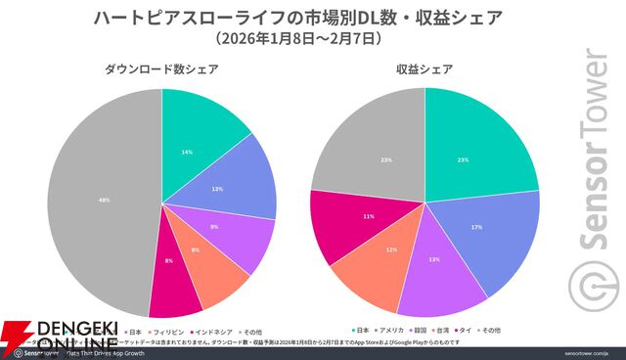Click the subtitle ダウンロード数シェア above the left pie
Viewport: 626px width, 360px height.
(x=161, y=69)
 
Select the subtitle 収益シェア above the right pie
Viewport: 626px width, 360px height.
(x=425, y=69)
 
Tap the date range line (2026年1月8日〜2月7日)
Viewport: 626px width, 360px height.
(x=297, y=40)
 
